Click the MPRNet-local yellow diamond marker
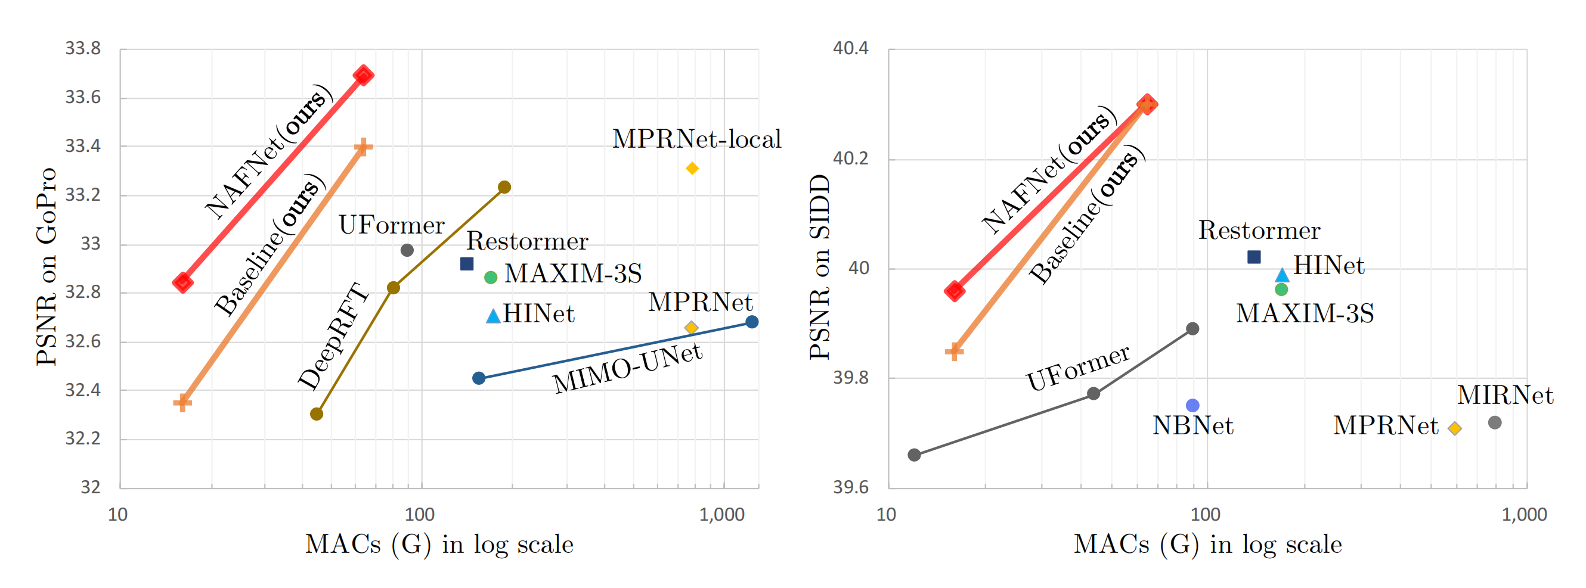pos(692,168)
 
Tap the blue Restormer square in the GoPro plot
pos(467,264)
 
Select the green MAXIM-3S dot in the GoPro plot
pos(491,278)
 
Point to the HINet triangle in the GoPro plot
pos(493,317)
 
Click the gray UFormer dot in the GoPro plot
pos(407,250)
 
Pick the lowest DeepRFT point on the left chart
pos(317,414)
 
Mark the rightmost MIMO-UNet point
pos(752,322)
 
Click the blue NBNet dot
pos(1192,405)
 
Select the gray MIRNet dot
pos(1495,422)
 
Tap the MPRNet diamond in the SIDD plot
pos(1455,428)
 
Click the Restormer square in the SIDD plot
pos(1253,257)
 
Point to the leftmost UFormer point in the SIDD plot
pos(914,455)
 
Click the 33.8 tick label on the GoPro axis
pos(83,48)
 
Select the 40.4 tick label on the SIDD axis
pos(850,48)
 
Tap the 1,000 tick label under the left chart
pos(721,514)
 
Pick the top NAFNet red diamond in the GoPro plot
pos(363,76)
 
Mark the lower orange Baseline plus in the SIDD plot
pos(955,352)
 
